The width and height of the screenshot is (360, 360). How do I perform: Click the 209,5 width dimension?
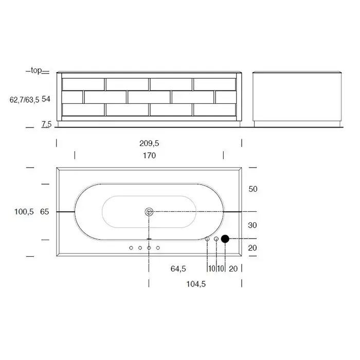coord(149,143)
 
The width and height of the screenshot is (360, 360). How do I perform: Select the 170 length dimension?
coord(149,155)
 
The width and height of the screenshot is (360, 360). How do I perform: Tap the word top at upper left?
coord(37,70)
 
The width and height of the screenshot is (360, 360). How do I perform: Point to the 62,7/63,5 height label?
coord(24,100)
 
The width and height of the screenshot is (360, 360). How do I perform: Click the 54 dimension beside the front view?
coord(46,99)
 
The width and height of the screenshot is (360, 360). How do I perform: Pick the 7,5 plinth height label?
coord(46,124)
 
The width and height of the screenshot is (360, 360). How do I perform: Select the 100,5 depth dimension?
coord(24,211)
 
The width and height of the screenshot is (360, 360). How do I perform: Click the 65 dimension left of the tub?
coord(45,211)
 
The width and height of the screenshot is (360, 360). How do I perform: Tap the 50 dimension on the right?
coord(253,189)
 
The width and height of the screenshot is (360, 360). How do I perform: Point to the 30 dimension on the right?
coord(253,225)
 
